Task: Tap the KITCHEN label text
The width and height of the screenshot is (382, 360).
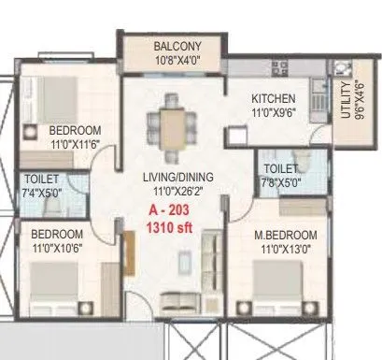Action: [x=274, y=98]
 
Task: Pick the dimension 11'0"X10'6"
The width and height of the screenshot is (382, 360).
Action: [x=58, y=249]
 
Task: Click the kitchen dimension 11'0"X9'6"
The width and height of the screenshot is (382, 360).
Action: [x=274, y=111]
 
